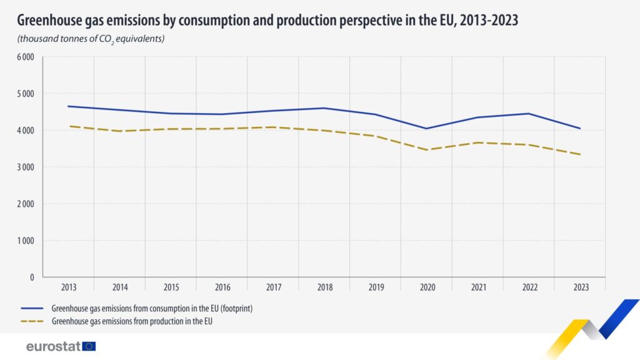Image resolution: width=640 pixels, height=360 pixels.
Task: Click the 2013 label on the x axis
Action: click(x=69, y=287)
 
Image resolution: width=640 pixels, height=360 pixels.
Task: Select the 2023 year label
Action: click(x=580, y=287)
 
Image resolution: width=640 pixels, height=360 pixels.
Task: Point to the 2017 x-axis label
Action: click(x=273, y=287)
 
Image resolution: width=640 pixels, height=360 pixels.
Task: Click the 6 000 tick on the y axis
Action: click(x=25, y=57)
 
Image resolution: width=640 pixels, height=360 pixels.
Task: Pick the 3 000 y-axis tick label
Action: click(x=25, y=167)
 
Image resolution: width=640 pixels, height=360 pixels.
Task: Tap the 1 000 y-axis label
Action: click(x=25, y=240)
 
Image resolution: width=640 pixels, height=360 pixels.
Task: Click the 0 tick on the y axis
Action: click(x=31, y=276)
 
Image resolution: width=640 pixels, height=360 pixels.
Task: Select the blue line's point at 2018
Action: click(x=324, y=108)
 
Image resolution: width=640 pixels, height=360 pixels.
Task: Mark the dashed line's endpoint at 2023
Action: click(x=580, y=154)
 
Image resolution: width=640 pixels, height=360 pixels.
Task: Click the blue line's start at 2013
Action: click(x=69, y=106)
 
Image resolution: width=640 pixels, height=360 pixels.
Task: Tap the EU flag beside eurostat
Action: click(x=89, y=346)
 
